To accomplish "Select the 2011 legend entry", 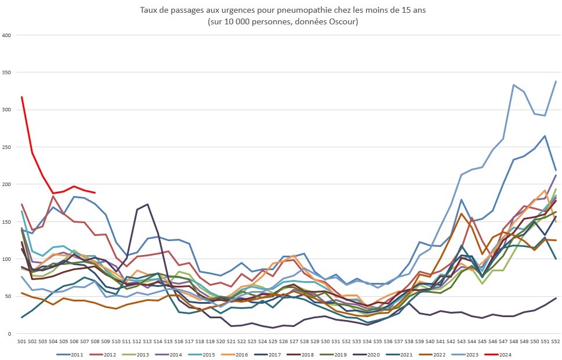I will (x=71, y=355).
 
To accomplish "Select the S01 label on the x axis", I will (x=21, y=342).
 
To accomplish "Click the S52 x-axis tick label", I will (x=556, y=342).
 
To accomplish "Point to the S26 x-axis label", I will (x=283, y=342).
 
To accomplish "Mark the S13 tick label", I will (x=147, y=342).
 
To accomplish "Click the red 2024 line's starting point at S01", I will (x=21, y=97).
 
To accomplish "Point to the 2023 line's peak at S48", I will (x=514, y=85).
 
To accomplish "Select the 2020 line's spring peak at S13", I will (x=147, y=204).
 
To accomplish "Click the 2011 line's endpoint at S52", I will (x=556, y=170).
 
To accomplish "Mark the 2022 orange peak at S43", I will (x=461, y=213).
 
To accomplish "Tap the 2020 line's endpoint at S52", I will (x=556, y=298).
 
